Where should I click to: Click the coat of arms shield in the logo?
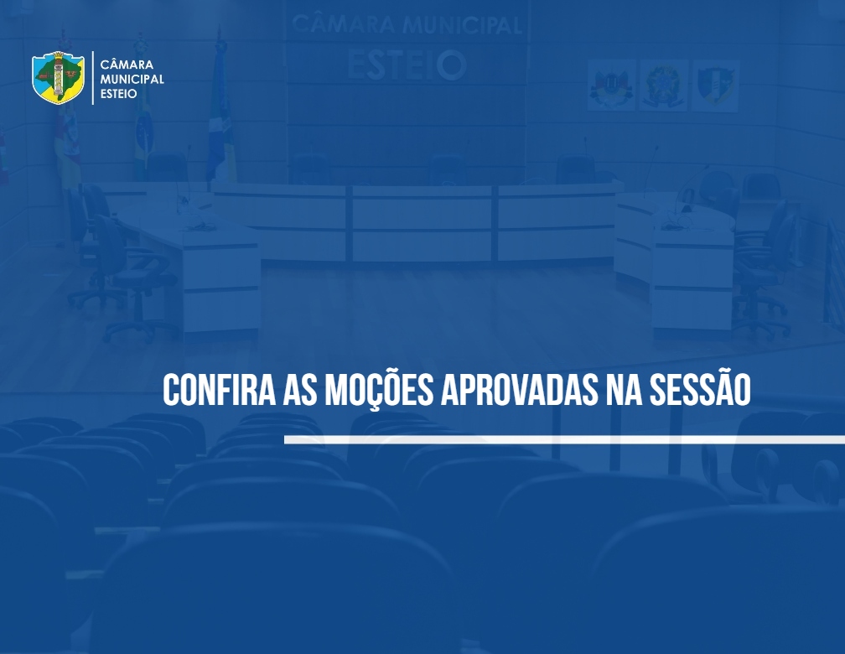pos(58,78)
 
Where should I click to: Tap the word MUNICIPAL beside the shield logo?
pos(132,80)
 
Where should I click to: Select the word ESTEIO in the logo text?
pos(118,94)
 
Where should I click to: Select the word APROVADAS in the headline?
pos(519,389)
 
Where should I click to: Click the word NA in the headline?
pos(624,389)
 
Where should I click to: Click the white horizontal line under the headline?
pos(564,440)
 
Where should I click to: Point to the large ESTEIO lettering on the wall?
pos(407,65)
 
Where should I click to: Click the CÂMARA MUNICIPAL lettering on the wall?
pos(407,25)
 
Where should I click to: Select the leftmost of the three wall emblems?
pos(611,86)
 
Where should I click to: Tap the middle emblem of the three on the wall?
pos(663,86)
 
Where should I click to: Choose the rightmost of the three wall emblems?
pos(715,86)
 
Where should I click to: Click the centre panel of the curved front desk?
pos(422,224)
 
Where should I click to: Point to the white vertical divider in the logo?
pos(93,78)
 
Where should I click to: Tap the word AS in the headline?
pos(300,389)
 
